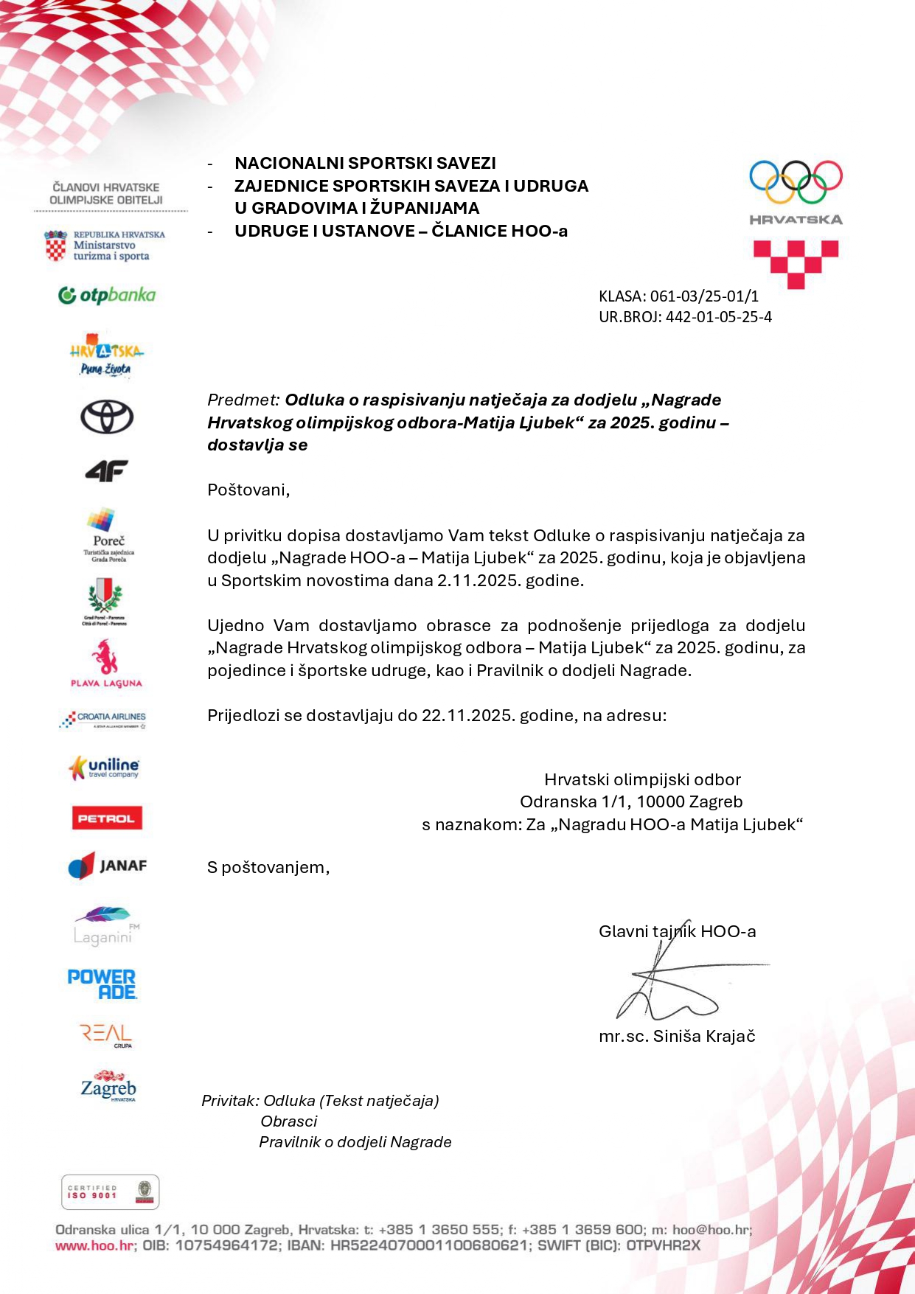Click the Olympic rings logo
tap(796, 181)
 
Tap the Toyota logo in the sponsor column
tap(107, 417)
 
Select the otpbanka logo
tap(107, 296)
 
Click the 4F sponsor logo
tap(107, 470)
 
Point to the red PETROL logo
tap(106, 818)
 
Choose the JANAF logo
tap(108, 866)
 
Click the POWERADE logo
tap(102, 984)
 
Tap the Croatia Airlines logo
tap(103, 719)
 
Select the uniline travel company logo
tap(104, 768)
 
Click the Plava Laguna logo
tap(106, 664)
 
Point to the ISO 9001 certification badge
tap(110, 1192)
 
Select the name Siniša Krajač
tap(704, 1036)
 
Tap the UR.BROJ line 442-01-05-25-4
tap(718, 317)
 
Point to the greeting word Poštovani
tap(248, 490)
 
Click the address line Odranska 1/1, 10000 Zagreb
tap(631, 801)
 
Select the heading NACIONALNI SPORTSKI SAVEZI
tap(365, 163)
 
